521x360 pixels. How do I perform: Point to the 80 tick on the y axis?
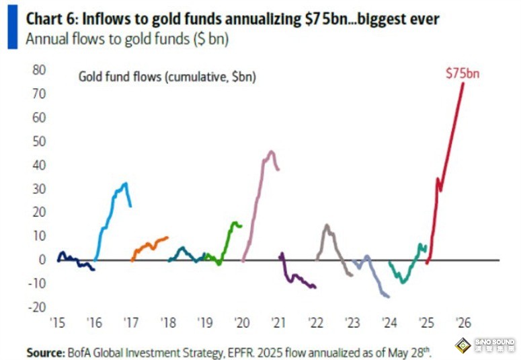pos(38,69)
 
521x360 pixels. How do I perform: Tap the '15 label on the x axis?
pos(58,323)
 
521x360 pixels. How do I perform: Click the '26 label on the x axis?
pos(462,323)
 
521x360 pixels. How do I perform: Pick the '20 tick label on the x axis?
pos(242,323)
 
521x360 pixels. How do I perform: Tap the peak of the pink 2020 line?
pos(271,151)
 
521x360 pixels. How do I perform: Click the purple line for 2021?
pos(296,279)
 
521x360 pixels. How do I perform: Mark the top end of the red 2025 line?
pos(463,83)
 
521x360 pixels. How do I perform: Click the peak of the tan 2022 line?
pos(326,225)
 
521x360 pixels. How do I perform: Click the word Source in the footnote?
pos(44,352)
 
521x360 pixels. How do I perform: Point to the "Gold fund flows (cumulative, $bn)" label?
pos(167,77)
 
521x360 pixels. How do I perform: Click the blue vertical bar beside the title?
pos(13,28)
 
